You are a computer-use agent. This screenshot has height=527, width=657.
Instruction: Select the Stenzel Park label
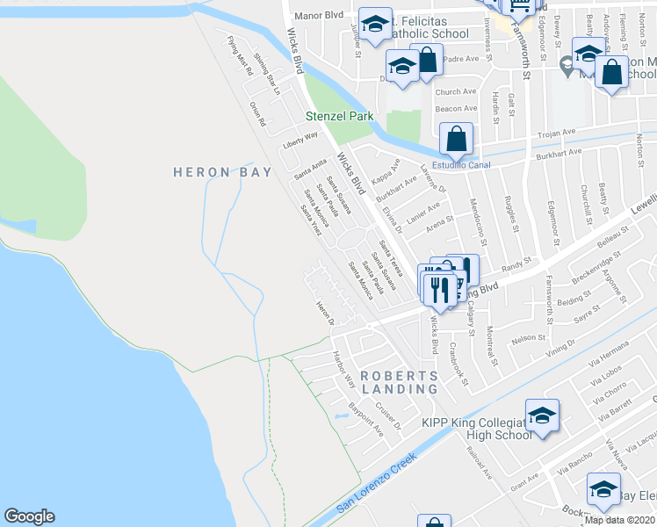click(339, 116)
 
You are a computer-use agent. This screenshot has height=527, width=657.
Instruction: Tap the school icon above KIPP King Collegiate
click(542, 415)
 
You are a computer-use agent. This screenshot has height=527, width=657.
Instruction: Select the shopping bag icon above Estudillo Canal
click(457, 138)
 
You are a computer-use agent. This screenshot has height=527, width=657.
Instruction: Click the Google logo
click(29, 516)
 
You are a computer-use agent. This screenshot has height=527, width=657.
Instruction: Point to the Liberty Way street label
click(300, 140)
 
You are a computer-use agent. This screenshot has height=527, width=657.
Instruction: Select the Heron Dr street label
click(326, 314)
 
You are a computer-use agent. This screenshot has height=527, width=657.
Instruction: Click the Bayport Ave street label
click(366, 422)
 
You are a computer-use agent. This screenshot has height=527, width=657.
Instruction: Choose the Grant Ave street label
click(524, 479)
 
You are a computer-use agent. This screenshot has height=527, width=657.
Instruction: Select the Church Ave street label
click(454, 92)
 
